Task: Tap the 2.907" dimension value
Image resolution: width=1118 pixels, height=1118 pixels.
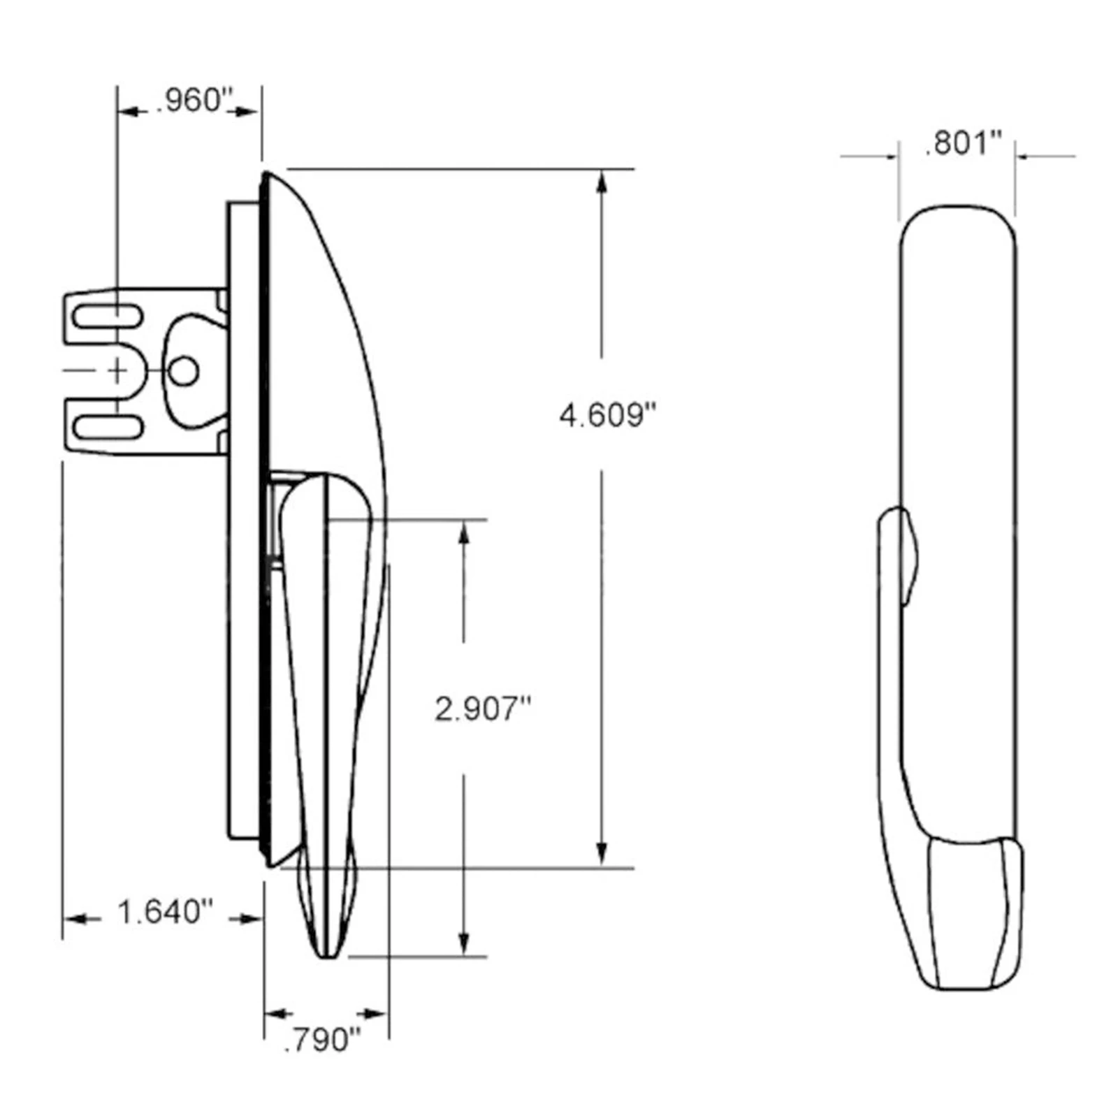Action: pyautogui.click(x=483, y=710)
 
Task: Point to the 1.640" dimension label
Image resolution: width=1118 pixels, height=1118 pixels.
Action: pyautogui.click(x=165, y=913)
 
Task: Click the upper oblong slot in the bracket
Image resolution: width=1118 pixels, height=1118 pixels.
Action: pyautogui.click(x=108, y=317)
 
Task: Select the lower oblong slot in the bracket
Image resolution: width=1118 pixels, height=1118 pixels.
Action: pyautogui.click(x=108, y=426)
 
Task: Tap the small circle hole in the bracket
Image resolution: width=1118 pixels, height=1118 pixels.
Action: pyautogui.click(x=184, y=371)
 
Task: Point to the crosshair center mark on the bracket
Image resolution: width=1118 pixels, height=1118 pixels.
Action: pyautogui.click(x=118, y=371)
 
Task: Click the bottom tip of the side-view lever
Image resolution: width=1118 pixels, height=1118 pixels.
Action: pyautogui.click(x=327, y=954)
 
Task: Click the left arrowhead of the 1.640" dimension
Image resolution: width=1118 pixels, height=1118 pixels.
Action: pyautogui.click(x=74, y=919)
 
